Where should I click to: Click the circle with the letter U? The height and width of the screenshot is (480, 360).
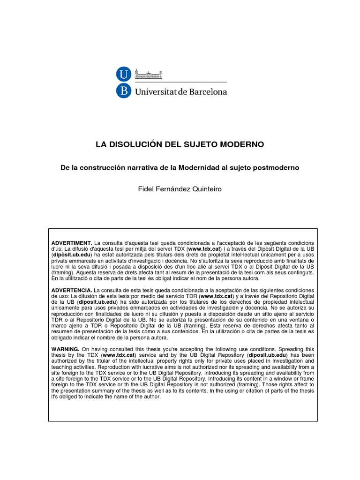[x=123, y=74]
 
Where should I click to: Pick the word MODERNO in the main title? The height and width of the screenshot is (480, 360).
[x=243, y=145]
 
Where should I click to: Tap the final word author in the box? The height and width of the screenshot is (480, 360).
[x=150, y=397]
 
